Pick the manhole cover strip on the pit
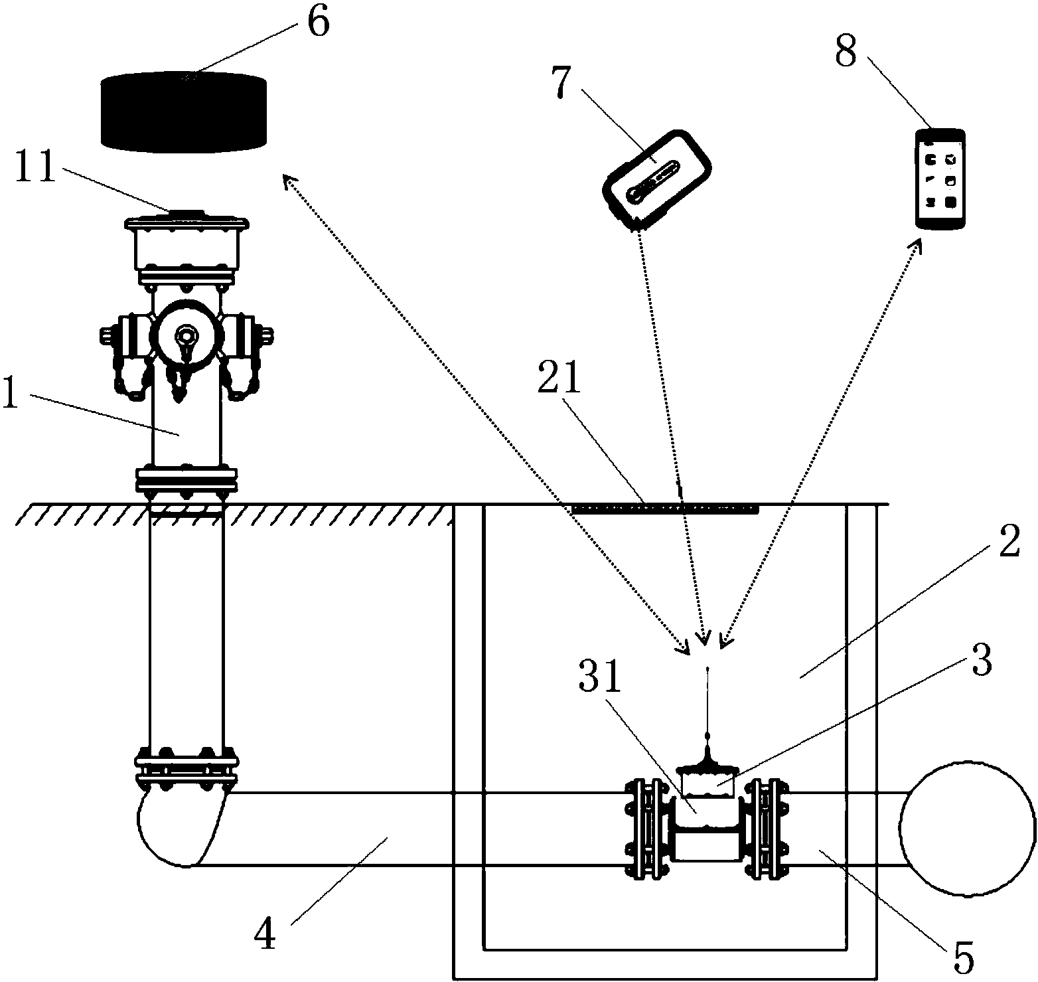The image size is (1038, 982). tap(664, 509)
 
